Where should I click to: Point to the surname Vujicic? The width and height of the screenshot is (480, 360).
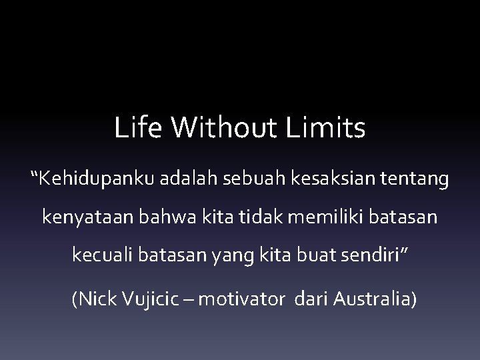[146, 299]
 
